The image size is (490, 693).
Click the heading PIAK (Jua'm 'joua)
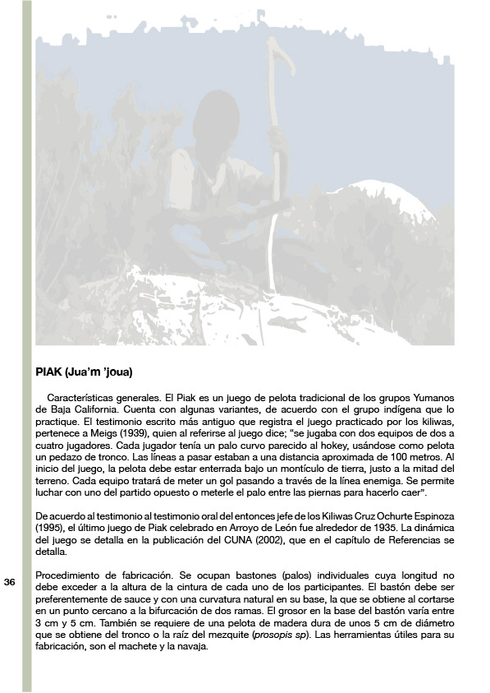click(x=84, y=371)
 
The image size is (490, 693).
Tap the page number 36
click(x=10, y=582)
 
